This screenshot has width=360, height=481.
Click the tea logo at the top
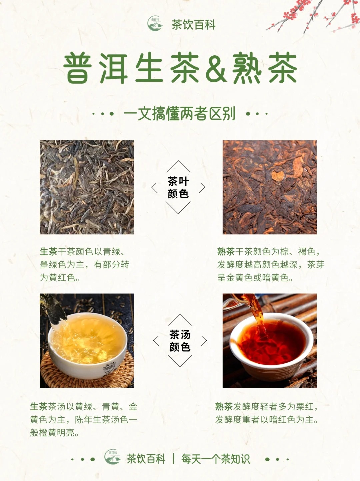click(155, 23)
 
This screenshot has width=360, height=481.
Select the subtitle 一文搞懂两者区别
click(179, 114)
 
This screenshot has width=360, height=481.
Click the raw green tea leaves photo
click(87, 187)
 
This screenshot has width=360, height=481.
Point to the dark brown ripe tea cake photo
click(270, 187)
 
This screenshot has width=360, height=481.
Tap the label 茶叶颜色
click(178, 188)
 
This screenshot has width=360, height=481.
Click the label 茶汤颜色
click(180, 341)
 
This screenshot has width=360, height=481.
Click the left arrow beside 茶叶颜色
click(154, 188)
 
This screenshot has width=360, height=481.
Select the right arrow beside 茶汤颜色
click(204, 341)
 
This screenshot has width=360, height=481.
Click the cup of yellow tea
click(87, 346)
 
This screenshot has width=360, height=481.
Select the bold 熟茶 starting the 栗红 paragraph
click(224, 407)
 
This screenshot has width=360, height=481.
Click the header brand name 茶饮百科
click(193, 25)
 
